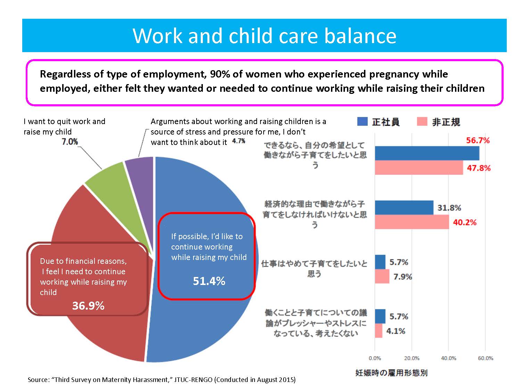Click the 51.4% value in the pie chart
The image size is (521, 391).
pos(209,281)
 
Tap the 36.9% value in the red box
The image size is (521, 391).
pos(88,306)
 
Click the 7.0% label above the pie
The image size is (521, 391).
pos(70,142)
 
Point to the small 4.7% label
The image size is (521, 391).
pos(238,141)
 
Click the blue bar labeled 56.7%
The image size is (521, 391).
pos(427,153)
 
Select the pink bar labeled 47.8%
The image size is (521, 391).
pos(419,168)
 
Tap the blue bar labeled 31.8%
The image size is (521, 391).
pos(404,207)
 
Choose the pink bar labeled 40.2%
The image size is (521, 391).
pos(412,222)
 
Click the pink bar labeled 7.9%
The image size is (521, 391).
pos(382,277)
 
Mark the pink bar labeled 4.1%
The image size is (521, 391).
pos(379,331)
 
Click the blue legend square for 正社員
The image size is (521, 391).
pos(362,122)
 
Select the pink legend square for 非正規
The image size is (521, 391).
pos(422,122)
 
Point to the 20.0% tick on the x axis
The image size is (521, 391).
pos(412,358)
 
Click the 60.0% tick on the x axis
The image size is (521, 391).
pos(485,358)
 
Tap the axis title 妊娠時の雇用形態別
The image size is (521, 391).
pos(391,373)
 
